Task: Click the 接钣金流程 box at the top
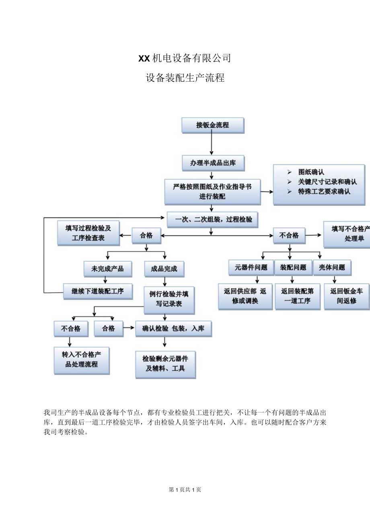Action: [x=213, y=125]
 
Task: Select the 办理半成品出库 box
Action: [x=213, y=163]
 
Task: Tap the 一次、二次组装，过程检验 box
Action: [x=213, y=219]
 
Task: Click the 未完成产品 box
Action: [x=107, y=269]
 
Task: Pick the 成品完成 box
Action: [x=164, y=269]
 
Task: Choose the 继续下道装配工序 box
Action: [x=98, y=291]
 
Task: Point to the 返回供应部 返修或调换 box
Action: [x=245, y=296]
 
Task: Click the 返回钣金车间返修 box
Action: [x=346, y=296]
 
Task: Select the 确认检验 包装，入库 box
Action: [x=173, y=329]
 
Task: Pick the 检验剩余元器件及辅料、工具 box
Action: [x=166, y=363]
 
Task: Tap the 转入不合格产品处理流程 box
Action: [x=82, y=360]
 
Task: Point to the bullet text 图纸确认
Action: [x=311, y=172]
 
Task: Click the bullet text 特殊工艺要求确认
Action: [x=324, y=192]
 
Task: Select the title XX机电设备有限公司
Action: [x=185, y=58]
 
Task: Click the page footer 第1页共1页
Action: [x=185, y=489]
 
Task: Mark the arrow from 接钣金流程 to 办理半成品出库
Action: [x=212, y=144]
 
